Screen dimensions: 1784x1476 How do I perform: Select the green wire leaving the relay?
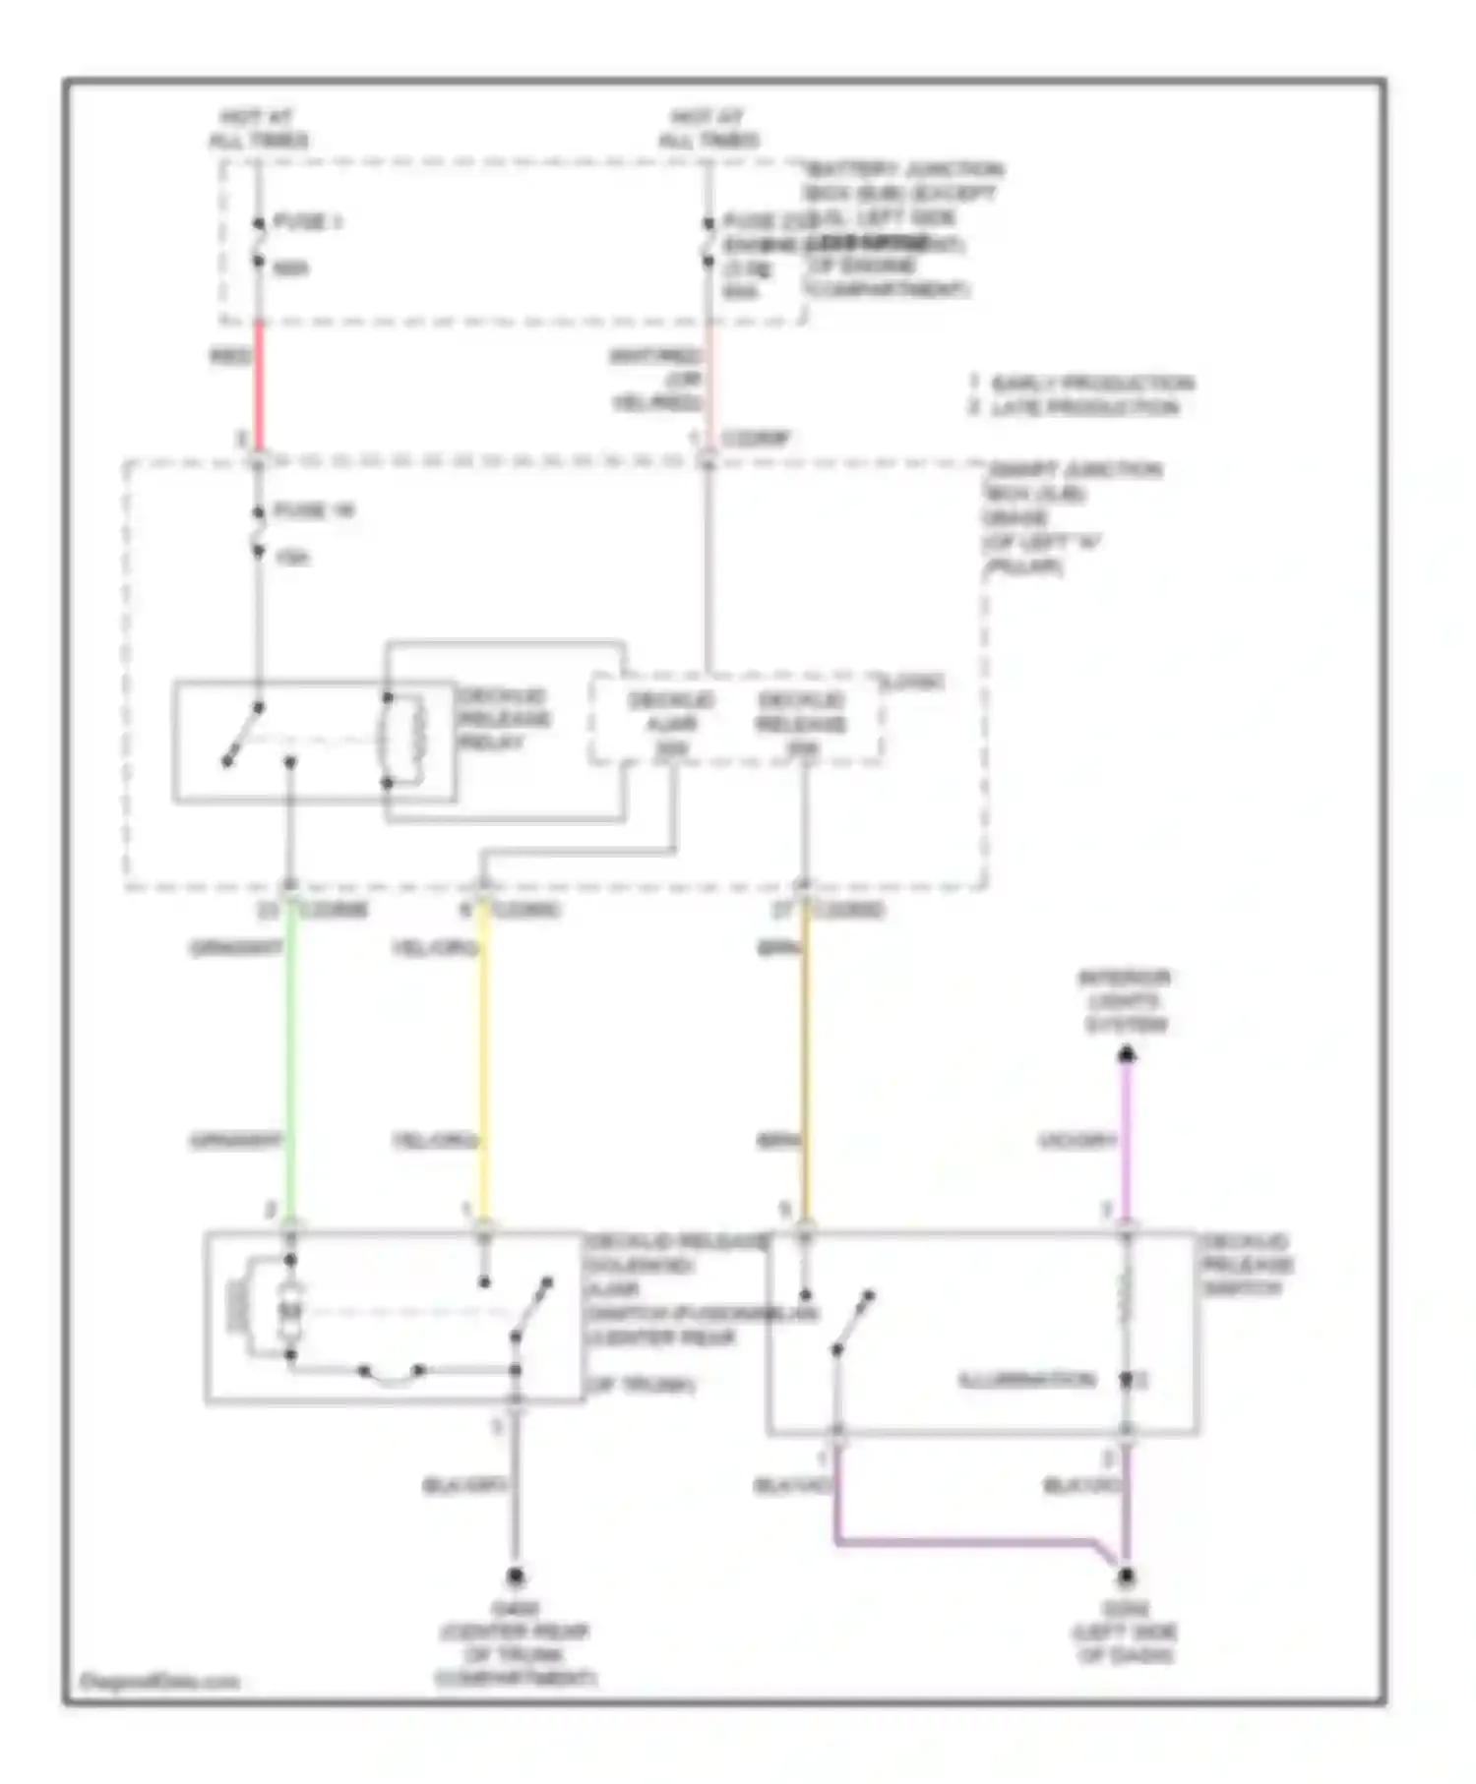tap(290, 1062)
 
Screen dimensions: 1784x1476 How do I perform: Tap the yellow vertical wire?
tap(483, 1062)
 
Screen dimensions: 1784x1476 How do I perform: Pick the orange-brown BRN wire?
tap(806, 1062)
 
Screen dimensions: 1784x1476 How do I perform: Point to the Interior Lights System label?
tap(1125, 1001)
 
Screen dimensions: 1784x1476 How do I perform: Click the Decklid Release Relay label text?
tap(503, 719)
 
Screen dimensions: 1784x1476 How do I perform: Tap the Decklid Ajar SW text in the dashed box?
tap(671, 724)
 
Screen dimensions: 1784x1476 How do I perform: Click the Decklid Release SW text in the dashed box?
tap(801, 724)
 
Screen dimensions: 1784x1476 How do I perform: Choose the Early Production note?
tap(1082, 383)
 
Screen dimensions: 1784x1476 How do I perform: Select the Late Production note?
tap(1075, 407)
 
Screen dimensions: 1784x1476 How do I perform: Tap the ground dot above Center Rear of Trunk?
tap(515, 1577)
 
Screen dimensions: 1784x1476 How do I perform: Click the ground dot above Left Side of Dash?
tap(1126, 1577)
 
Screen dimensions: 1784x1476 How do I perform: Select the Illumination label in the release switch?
tap(1026, 1380)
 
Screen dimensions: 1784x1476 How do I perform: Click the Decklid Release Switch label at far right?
tap(1245, 1264)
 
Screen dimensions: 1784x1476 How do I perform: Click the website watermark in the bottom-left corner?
tap(158, 1681)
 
